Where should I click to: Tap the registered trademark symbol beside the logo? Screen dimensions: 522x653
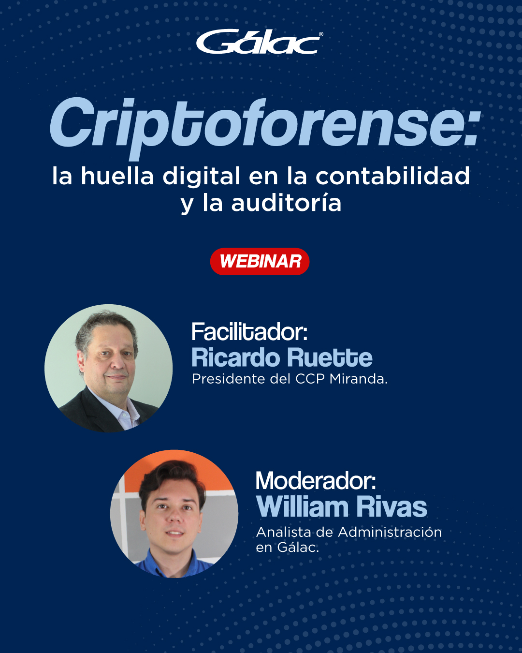[x=321, y=34]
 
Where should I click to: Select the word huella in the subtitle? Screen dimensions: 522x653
[x=117, y=176]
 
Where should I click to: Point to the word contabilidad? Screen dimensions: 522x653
[x=393, y=176]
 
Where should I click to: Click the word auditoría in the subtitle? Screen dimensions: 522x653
[x=286, y=202]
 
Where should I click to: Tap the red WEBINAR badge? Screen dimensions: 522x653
[x=260, y=262]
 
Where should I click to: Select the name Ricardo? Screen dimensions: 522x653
[x=235, y=358]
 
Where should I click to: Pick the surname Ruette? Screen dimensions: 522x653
[x=330, y=358]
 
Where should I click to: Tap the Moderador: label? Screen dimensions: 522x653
[x=316, y=480]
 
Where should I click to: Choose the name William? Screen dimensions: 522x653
[x=302, y=506]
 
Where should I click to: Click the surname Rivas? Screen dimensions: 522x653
[x=391, y=506]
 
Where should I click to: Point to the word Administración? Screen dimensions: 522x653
[x=390, y=532]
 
